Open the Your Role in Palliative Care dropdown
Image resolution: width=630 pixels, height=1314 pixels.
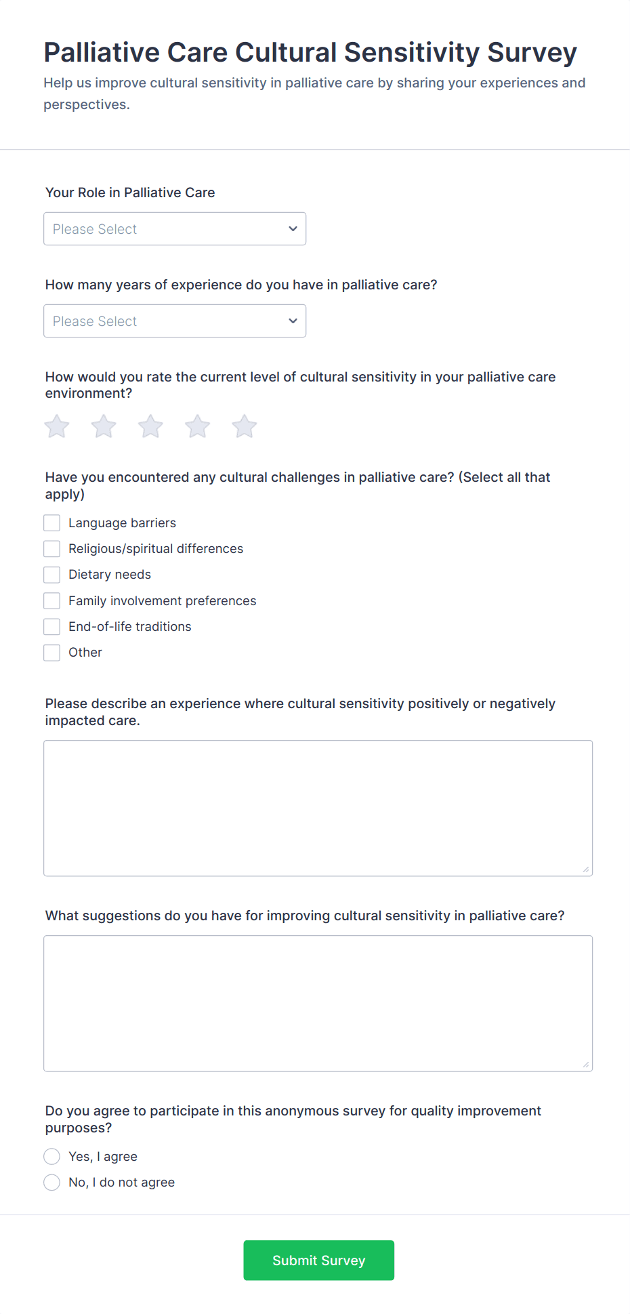(x=174, y=229)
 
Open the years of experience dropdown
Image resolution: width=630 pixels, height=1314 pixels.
(x=174, y=321)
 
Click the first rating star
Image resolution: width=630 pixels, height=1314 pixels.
(x=57, y=426)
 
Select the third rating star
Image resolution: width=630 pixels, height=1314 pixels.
(x=150, y=426)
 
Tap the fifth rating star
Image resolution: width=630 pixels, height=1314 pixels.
(x=245, y=426)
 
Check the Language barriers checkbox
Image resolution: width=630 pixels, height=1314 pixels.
(x=52, y=522)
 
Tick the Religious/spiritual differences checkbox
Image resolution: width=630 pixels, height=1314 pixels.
(x=52, y=548)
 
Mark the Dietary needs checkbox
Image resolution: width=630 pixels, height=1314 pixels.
(x=52, y=575)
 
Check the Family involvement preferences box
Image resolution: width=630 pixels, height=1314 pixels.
(x=52, y=600)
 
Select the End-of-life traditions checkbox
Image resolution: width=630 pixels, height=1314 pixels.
(x=52, y=626)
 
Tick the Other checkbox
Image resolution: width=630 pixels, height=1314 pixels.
(x=52, y=653)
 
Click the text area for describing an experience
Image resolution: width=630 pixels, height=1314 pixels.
(x=318, y=808)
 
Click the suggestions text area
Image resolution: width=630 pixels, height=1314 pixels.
(x=318, y=1003)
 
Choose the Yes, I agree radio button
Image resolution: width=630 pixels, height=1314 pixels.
(x=52, y=1156)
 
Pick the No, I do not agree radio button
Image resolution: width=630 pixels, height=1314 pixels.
(x=52, y=1183)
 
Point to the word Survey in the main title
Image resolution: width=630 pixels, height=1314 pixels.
(x=532, y=53)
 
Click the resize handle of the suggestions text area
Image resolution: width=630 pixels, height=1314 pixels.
(x=586, y=1065)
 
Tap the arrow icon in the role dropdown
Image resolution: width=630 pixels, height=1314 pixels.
(x=293, y=229)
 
